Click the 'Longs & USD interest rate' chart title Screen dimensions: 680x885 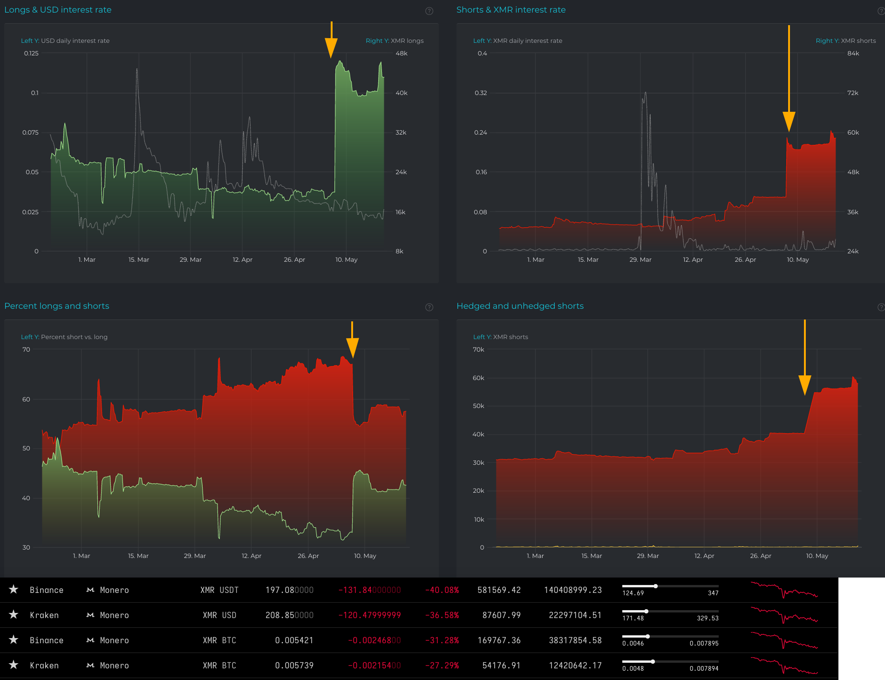click(x=58, y=10)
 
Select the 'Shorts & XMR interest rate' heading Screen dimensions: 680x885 click(x=511, y=10)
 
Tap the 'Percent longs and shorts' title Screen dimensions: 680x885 click(x=56, y=306)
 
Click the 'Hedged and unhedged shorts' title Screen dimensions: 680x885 click(x=520, y=306)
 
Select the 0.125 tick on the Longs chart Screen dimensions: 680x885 click(x=31, y=54)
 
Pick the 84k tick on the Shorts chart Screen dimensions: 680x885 click(x=853, y=54)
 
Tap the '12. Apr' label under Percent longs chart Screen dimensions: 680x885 click(x=251, y=556)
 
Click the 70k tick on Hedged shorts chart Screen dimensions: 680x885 click(x=478, y=350)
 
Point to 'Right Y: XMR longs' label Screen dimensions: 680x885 click(x=395, y=41)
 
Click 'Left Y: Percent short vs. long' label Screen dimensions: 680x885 click(x=64, y=337)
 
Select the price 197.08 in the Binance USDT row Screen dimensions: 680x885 click(x=289, y=590)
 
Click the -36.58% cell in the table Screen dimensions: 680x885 click(x=442, y=615)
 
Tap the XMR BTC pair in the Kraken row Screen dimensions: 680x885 click(x=219, y=666)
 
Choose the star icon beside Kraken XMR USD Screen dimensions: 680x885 click(x=14, y=615)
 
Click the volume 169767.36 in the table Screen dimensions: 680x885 click(x=499, y=640)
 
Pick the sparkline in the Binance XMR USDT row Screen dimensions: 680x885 click(x=784, y=590)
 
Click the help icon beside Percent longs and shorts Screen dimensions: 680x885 click(x=429, y=307)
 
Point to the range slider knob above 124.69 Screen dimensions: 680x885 click(x=655, y=586)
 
